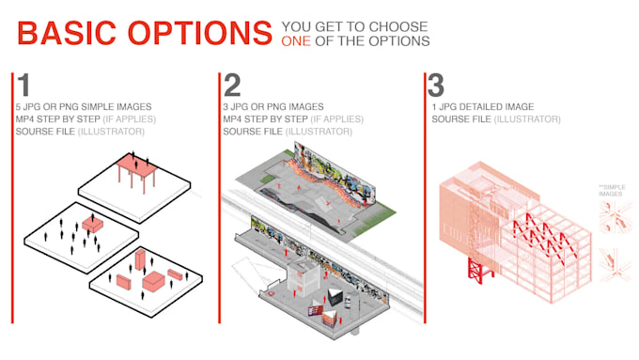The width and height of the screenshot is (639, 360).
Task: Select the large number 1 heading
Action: [x=23, y=86]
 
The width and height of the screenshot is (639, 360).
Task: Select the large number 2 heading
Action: [x=231, y=86]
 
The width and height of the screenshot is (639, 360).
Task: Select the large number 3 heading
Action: [x=435, y=86]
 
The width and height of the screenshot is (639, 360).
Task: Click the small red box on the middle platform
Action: [x=92, y=223]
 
